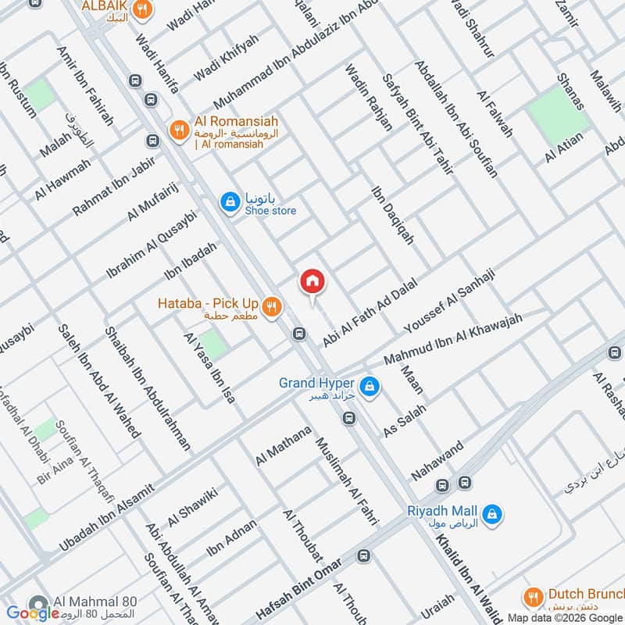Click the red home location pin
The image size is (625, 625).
(x=312, y=281)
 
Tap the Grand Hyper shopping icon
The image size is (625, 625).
(x=372, y=386)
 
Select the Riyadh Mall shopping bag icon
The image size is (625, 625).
(x=492, y=513)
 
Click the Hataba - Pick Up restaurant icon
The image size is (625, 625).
(x=271, y=306)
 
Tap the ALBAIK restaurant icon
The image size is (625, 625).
(x=141, y=9)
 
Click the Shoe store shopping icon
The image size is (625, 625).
(x=230, y=202)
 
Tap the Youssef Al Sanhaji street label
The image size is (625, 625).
(x=448, y=303)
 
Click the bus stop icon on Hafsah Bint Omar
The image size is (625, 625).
(x=363, y=555)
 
